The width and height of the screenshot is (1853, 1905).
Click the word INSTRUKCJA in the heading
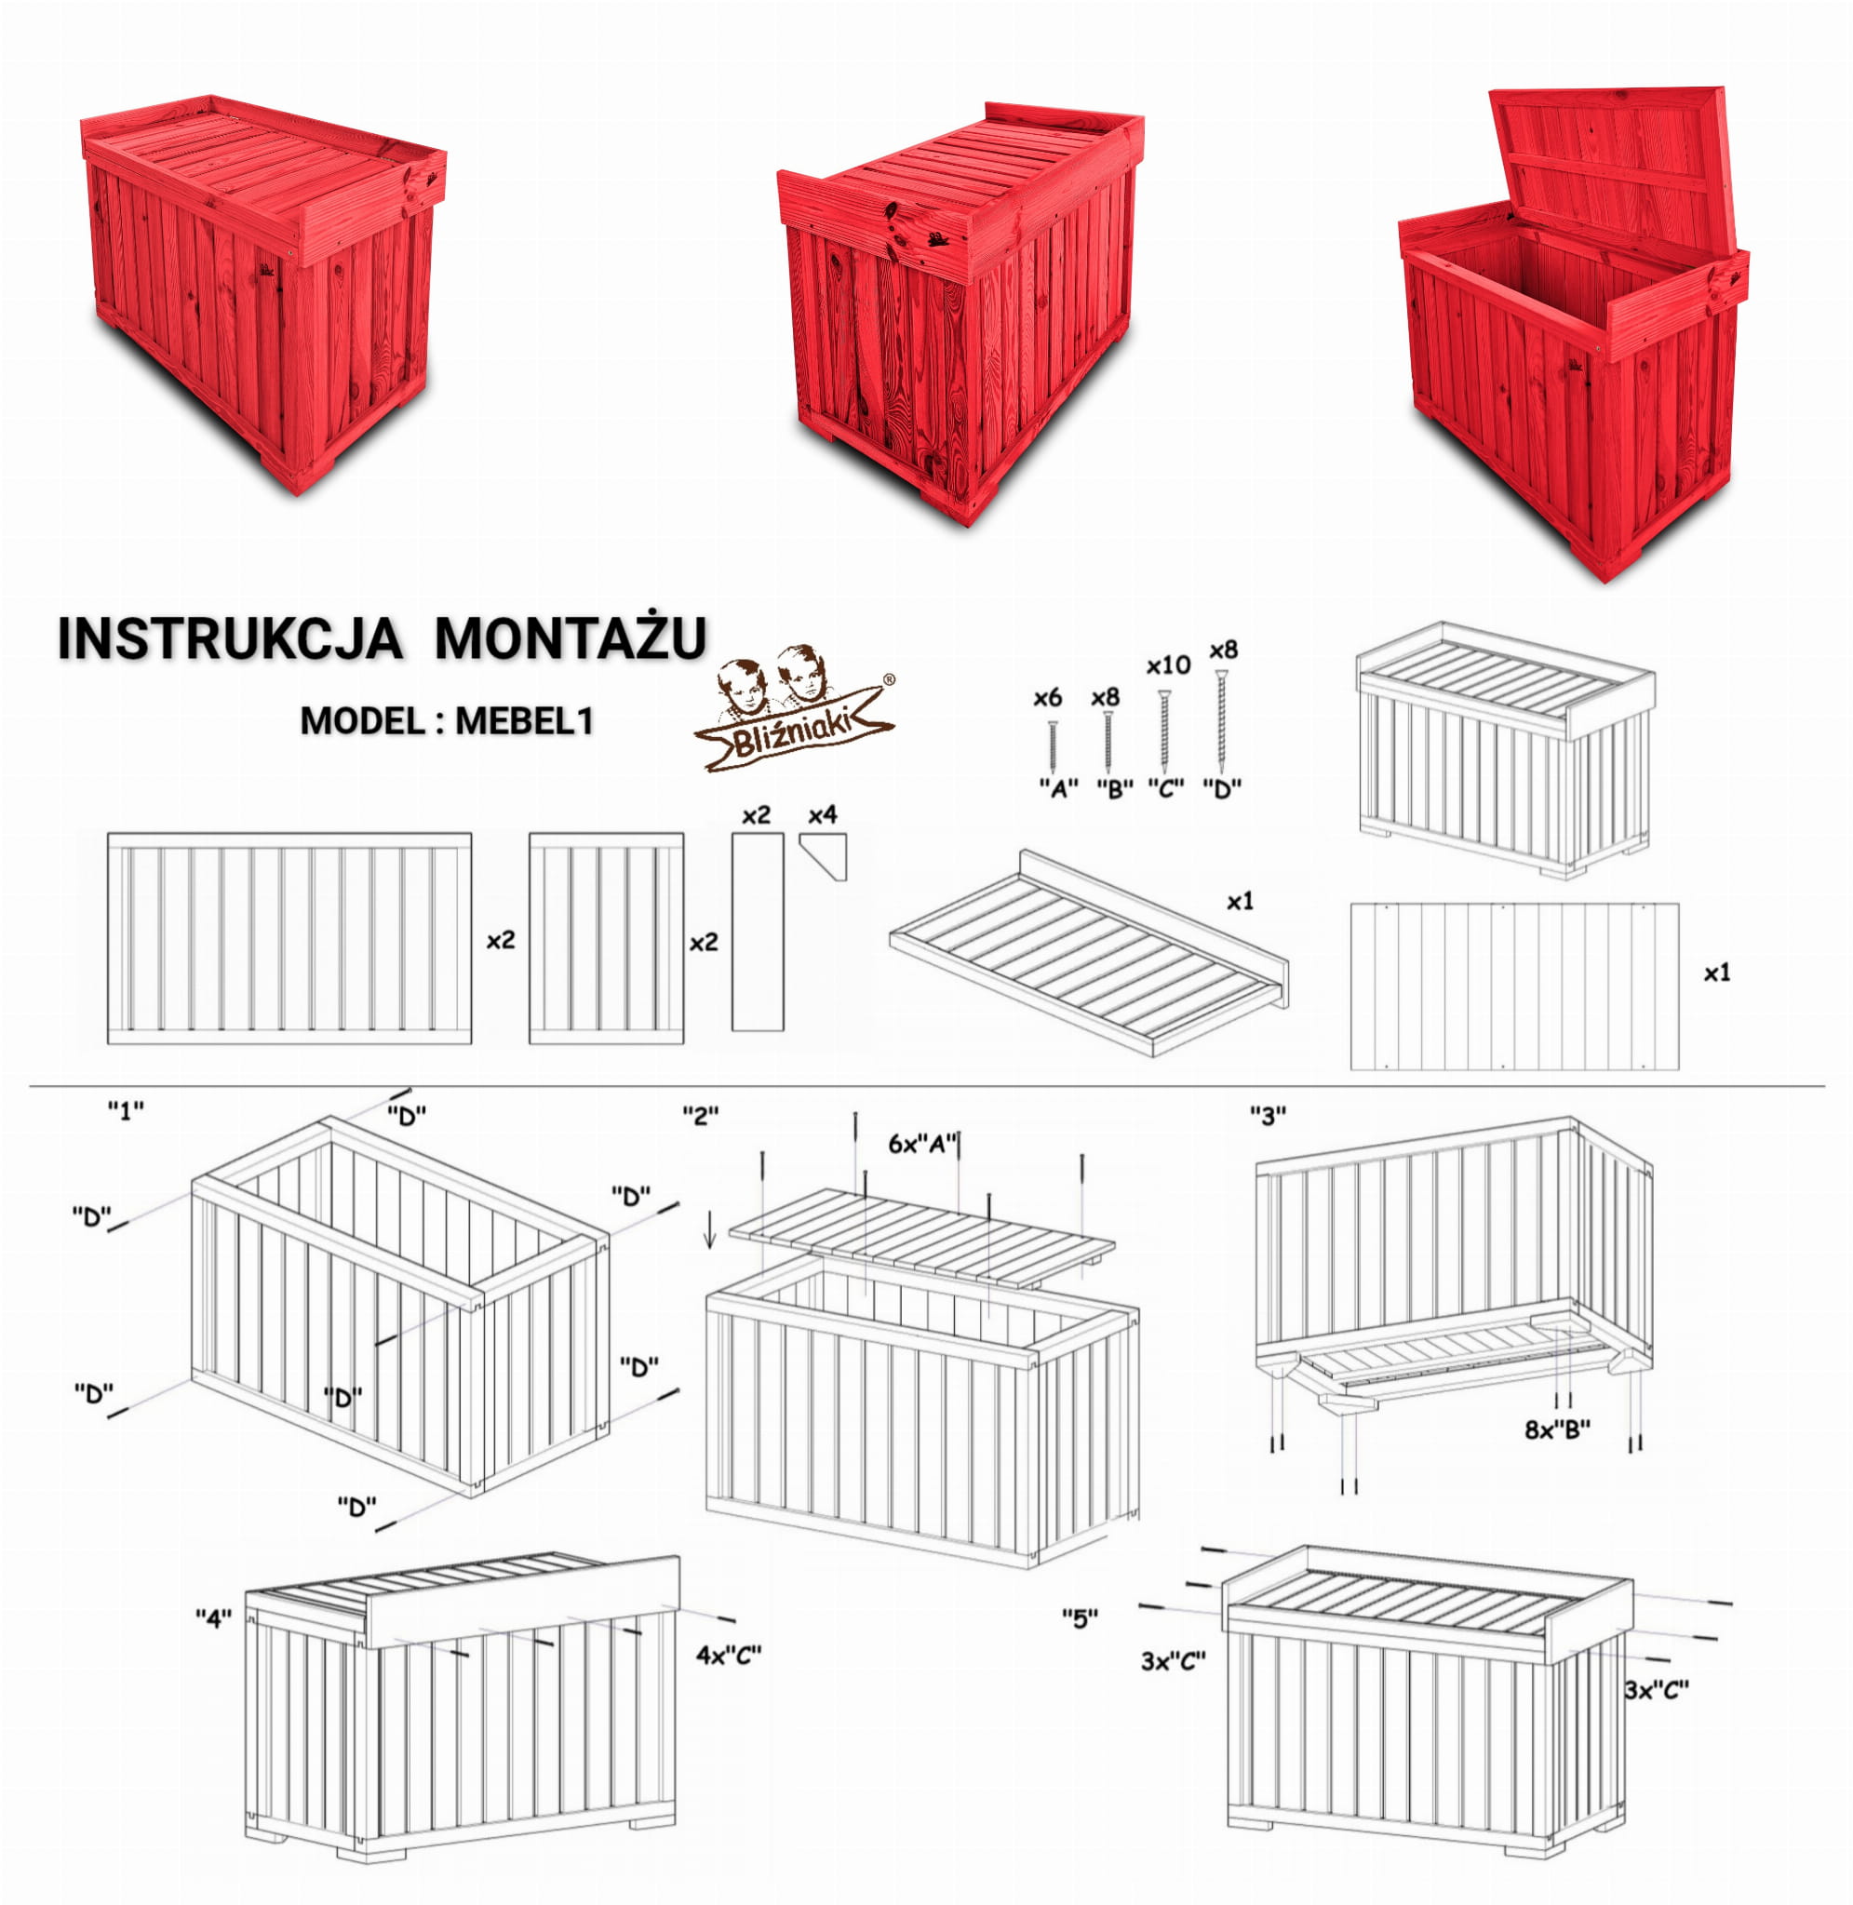coord(230,639)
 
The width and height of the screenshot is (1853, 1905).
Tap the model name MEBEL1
coord(525,721)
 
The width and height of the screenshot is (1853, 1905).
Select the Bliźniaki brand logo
coord(794,707)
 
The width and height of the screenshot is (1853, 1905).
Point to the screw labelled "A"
coord(1052,747)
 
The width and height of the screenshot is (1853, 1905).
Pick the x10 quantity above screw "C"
coord(1168,665)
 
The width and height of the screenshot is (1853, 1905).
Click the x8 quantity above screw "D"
coord(1223,650)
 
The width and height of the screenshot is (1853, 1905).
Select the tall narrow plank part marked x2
coord(758,931)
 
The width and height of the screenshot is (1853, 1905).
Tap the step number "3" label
coord(1269,1116)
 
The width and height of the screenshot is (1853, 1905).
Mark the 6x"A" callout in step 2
coord(923,1144)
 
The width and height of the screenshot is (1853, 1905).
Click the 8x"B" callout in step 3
coord(1557,1429)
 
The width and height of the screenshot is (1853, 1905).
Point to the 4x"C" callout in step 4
coord(728,1655)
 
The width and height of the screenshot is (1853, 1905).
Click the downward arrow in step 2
coord(710,1228)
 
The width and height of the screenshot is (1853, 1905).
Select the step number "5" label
coord(1081,1618)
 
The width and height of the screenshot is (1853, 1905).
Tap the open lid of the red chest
coord(1614,172)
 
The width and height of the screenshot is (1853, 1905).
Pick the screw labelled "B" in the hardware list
coord(1108,743)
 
